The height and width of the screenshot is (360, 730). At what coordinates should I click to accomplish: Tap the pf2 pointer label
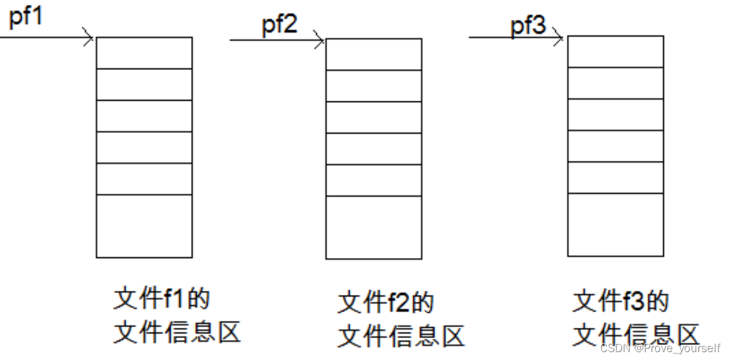pyautogui.click(x=280, y=25)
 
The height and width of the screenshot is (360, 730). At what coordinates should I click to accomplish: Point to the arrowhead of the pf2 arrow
pyautogui.click(x=320, y=41)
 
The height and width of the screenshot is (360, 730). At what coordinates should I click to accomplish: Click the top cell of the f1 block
pyautogui.click(x=144, y=53)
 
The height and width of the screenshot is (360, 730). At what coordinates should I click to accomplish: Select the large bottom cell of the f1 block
pyautogui.click(x=144, y=226)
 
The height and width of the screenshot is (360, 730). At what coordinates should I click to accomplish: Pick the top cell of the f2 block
pyautogui.click(x=373, y=55)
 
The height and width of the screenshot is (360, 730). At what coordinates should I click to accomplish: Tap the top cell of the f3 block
pyautogui.click(x=615, y=51)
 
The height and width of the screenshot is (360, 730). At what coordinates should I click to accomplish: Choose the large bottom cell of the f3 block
pyautogui.click(x=615, y=225)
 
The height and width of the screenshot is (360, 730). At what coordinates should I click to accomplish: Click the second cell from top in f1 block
pyautogui.click(x=144, y=84)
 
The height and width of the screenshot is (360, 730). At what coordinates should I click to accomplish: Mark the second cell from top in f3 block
pyautogui.click(x=615, y=83)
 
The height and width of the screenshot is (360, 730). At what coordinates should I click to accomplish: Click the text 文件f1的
pyautogui.click(x=162, y=299)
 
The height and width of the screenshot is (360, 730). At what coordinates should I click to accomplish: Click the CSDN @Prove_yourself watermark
pyautogui.click(x=660, y=348)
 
